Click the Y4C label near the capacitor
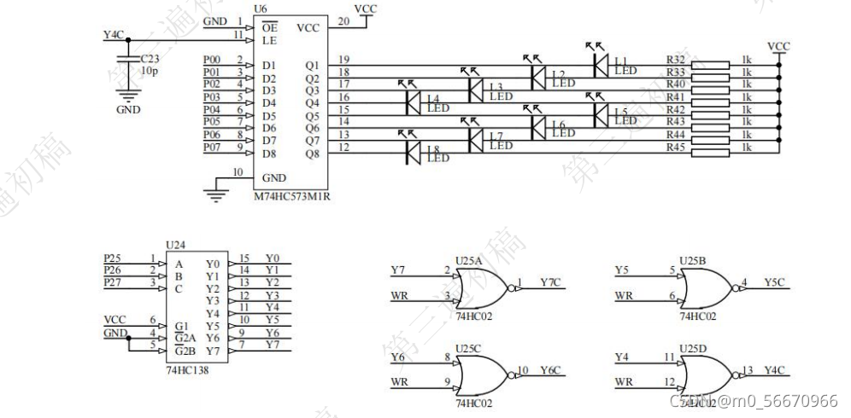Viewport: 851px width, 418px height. pos(113,35)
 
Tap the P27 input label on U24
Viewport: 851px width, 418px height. pos(113,282)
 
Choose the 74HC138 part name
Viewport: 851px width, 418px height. pos(188,372)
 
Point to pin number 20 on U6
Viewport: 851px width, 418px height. pos(344,20)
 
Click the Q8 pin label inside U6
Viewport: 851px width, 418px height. pos(312,154)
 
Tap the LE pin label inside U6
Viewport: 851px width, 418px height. pos(270,39)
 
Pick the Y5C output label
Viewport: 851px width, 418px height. pos(775,282)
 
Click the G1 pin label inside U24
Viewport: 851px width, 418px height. pos(180,325)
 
